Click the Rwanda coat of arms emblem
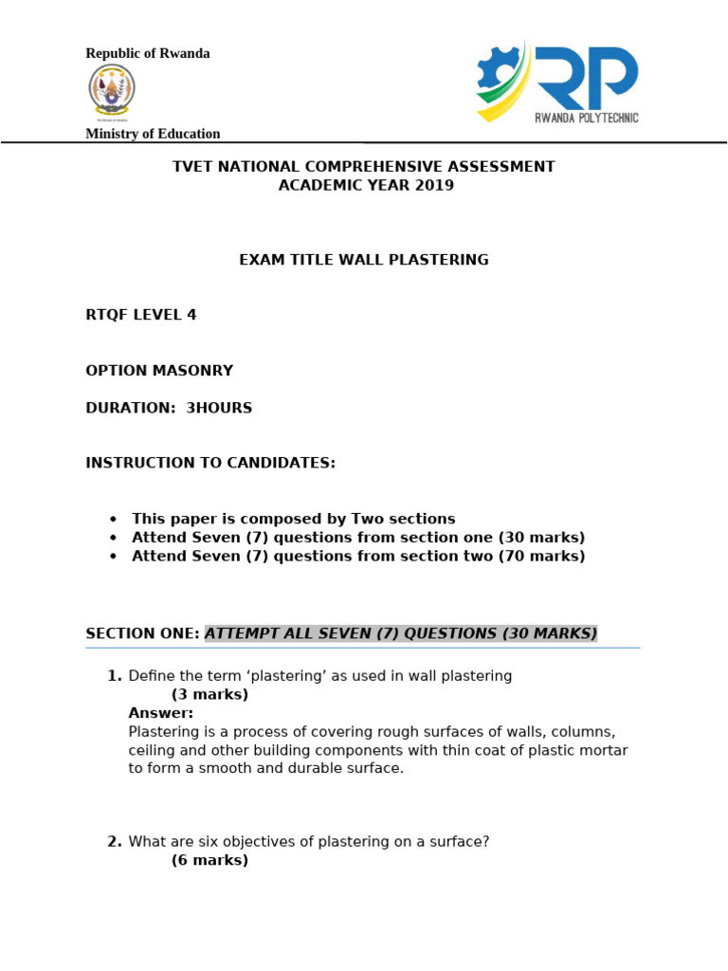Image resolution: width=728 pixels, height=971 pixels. pyautogui.click(x=112, y=93)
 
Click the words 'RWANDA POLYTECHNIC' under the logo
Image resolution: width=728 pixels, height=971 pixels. pyautogui.click(x=587, y=118)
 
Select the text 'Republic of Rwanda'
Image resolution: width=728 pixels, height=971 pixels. pyautogui.click(x=148, y=53)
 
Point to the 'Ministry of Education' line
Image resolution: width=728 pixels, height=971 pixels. pyautogui.click(x=153, y=134)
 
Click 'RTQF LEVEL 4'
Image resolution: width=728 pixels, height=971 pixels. pyautogui.click(x=141, y=315)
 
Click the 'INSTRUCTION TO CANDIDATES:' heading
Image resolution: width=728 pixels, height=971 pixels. pyautogui.click(x=210, y=463)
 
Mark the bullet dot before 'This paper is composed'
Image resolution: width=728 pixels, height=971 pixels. pyautogui.click(x=114, y=519)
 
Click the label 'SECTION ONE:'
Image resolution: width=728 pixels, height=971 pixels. pyautogui.click(x=142, y=633)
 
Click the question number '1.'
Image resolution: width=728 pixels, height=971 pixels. pyautogui.click(x=115, y=676)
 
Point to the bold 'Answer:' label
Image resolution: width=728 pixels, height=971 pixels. pyautogui.click(x=160, y=713)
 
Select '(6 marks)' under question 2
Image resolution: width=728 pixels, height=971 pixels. pyautogui.click(x=209, y=860)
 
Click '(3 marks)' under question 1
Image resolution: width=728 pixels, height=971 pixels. pyautogui.click(x=209, y=694)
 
